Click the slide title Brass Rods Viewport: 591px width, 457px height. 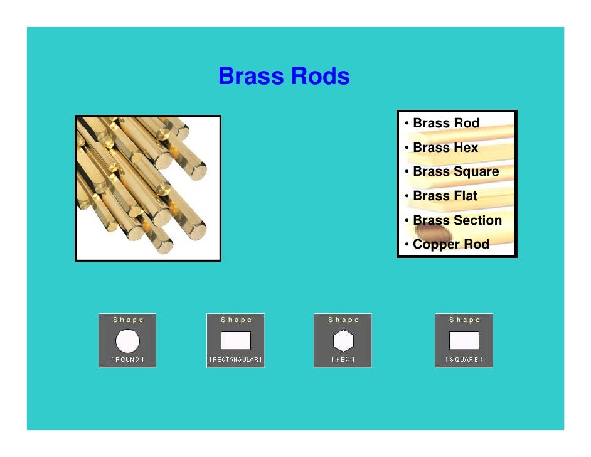click(284, 77)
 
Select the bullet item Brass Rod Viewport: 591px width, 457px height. click(445, 123)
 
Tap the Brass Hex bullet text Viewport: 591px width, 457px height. click(445, 148)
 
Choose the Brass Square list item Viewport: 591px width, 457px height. click(455, 171)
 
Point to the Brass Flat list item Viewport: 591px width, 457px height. click(445, 196)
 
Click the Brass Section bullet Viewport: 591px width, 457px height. click(457, 220)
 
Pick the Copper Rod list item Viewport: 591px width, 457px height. click(450, 244)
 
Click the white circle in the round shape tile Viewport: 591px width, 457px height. click(127, 341)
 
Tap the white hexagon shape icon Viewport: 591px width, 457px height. click(343, 341)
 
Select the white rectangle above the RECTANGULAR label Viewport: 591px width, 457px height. click(235, 341)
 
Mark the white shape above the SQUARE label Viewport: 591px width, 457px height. click(464, 341)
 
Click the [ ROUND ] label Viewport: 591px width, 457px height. click(127, 360)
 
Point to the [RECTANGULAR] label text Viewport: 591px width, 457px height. click(235, 360)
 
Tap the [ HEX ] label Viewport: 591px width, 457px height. click(343, 360)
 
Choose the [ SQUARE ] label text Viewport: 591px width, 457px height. click(464, 360)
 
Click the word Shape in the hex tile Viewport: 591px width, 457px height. click(343, 320)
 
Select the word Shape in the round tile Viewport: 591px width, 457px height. click(128, 320)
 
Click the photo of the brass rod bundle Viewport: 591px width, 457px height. click(148, 188)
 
